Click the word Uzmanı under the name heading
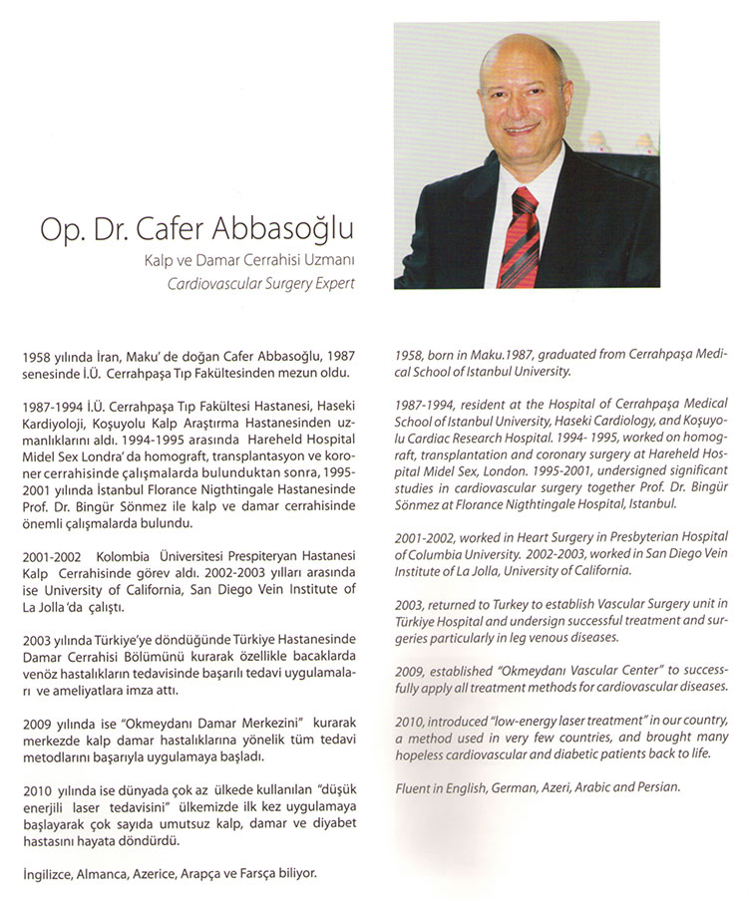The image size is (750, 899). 331,262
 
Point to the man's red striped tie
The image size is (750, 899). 523,235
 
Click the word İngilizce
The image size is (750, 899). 48,873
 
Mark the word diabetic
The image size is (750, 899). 582,753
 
